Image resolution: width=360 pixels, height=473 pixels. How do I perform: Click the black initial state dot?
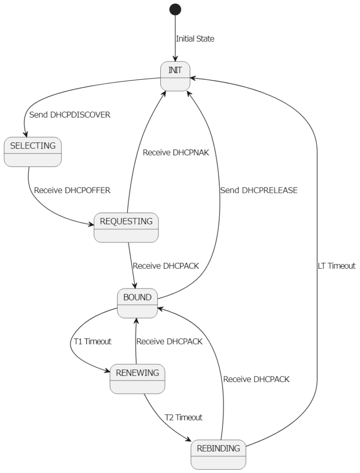coord(175,9)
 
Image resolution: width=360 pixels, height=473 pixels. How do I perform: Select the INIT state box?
coord(175,75)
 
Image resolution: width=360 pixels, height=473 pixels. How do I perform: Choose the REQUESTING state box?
coord(126,228)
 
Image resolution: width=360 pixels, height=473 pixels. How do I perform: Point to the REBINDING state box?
coord(218,455)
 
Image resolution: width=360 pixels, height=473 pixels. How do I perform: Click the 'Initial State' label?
coord(195,39)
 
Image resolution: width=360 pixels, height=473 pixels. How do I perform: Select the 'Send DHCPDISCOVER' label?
coord(70,114)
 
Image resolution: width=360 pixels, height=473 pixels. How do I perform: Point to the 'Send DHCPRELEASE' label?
coord(259,191)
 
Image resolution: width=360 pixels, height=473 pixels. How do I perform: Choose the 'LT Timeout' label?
coord(336,266)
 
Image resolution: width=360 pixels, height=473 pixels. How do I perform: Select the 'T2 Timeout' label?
coord(183,417)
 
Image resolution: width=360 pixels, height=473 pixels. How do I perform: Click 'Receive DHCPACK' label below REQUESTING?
coord(166,266)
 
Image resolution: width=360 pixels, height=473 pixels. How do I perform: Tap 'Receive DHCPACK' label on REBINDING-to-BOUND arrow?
coord(256,380)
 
